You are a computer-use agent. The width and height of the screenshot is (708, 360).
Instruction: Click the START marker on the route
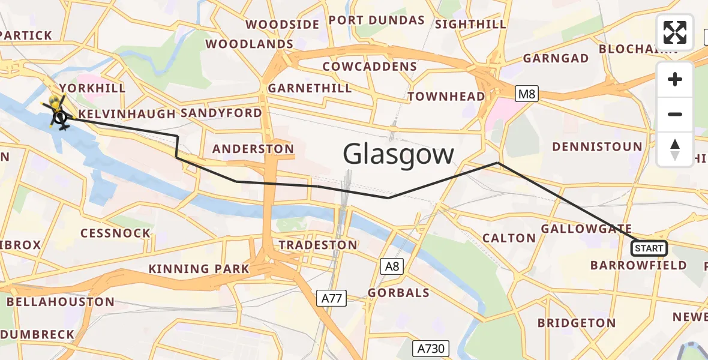click(649, 248)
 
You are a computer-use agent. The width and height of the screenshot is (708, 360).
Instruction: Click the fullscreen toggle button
click(675, 32)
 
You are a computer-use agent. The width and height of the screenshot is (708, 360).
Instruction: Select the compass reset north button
click(675, 149)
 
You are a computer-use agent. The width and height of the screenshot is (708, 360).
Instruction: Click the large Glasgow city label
click(398, 154)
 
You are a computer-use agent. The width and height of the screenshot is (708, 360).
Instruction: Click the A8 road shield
click(392, 266)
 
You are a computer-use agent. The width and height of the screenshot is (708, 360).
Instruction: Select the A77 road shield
click(332, 298)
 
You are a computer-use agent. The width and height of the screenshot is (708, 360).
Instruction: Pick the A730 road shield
click(431, 348)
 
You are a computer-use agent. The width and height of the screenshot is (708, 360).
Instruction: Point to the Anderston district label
click(254, 149)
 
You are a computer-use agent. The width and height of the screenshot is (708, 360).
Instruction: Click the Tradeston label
click(318, 245)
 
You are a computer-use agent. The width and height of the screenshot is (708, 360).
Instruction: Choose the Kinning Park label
click(199, 269)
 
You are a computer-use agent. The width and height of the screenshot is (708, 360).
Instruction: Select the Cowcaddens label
click(370, 66)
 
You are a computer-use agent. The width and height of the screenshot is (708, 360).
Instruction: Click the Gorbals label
click(398, 293)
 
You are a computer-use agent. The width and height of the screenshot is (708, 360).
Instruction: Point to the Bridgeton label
click(577, 323)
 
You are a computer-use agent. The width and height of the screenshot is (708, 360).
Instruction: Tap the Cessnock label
click(116, 233)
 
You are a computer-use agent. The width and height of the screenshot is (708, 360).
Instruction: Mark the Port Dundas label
click(377, 20)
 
